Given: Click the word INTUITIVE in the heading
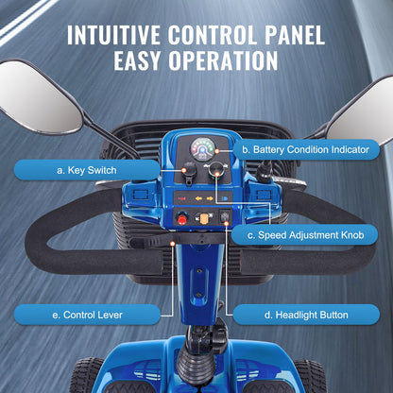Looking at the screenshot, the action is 113,35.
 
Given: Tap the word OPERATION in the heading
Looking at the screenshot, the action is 223,60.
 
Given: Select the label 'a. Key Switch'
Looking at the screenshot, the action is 87,170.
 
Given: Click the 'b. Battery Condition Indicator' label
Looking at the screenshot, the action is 305,149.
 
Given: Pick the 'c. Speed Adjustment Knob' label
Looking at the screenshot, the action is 305,235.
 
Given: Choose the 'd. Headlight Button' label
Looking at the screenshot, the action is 306,315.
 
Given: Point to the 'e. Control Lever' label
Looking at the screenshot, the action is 87,315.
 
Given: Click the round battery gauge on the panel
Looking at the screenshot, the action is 203,149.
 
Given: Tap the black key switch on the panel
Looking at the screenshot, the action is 190,173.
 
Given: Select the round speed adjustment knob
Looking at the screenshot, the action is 216,171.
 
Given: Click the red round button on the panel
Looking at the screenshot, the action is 182,218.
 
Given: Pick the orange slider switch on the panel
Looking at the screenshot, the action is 203,218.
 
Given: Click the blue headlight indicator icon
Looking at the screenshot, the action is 225,198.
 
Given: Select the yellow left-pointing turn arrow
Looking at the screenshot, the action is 199,198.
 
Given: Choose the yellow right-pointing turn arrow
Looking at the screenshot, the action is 210,198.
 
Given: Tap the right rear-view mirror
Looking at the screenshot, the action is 362,115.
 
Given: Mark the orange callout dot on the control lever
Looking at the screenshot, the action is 172,244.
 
